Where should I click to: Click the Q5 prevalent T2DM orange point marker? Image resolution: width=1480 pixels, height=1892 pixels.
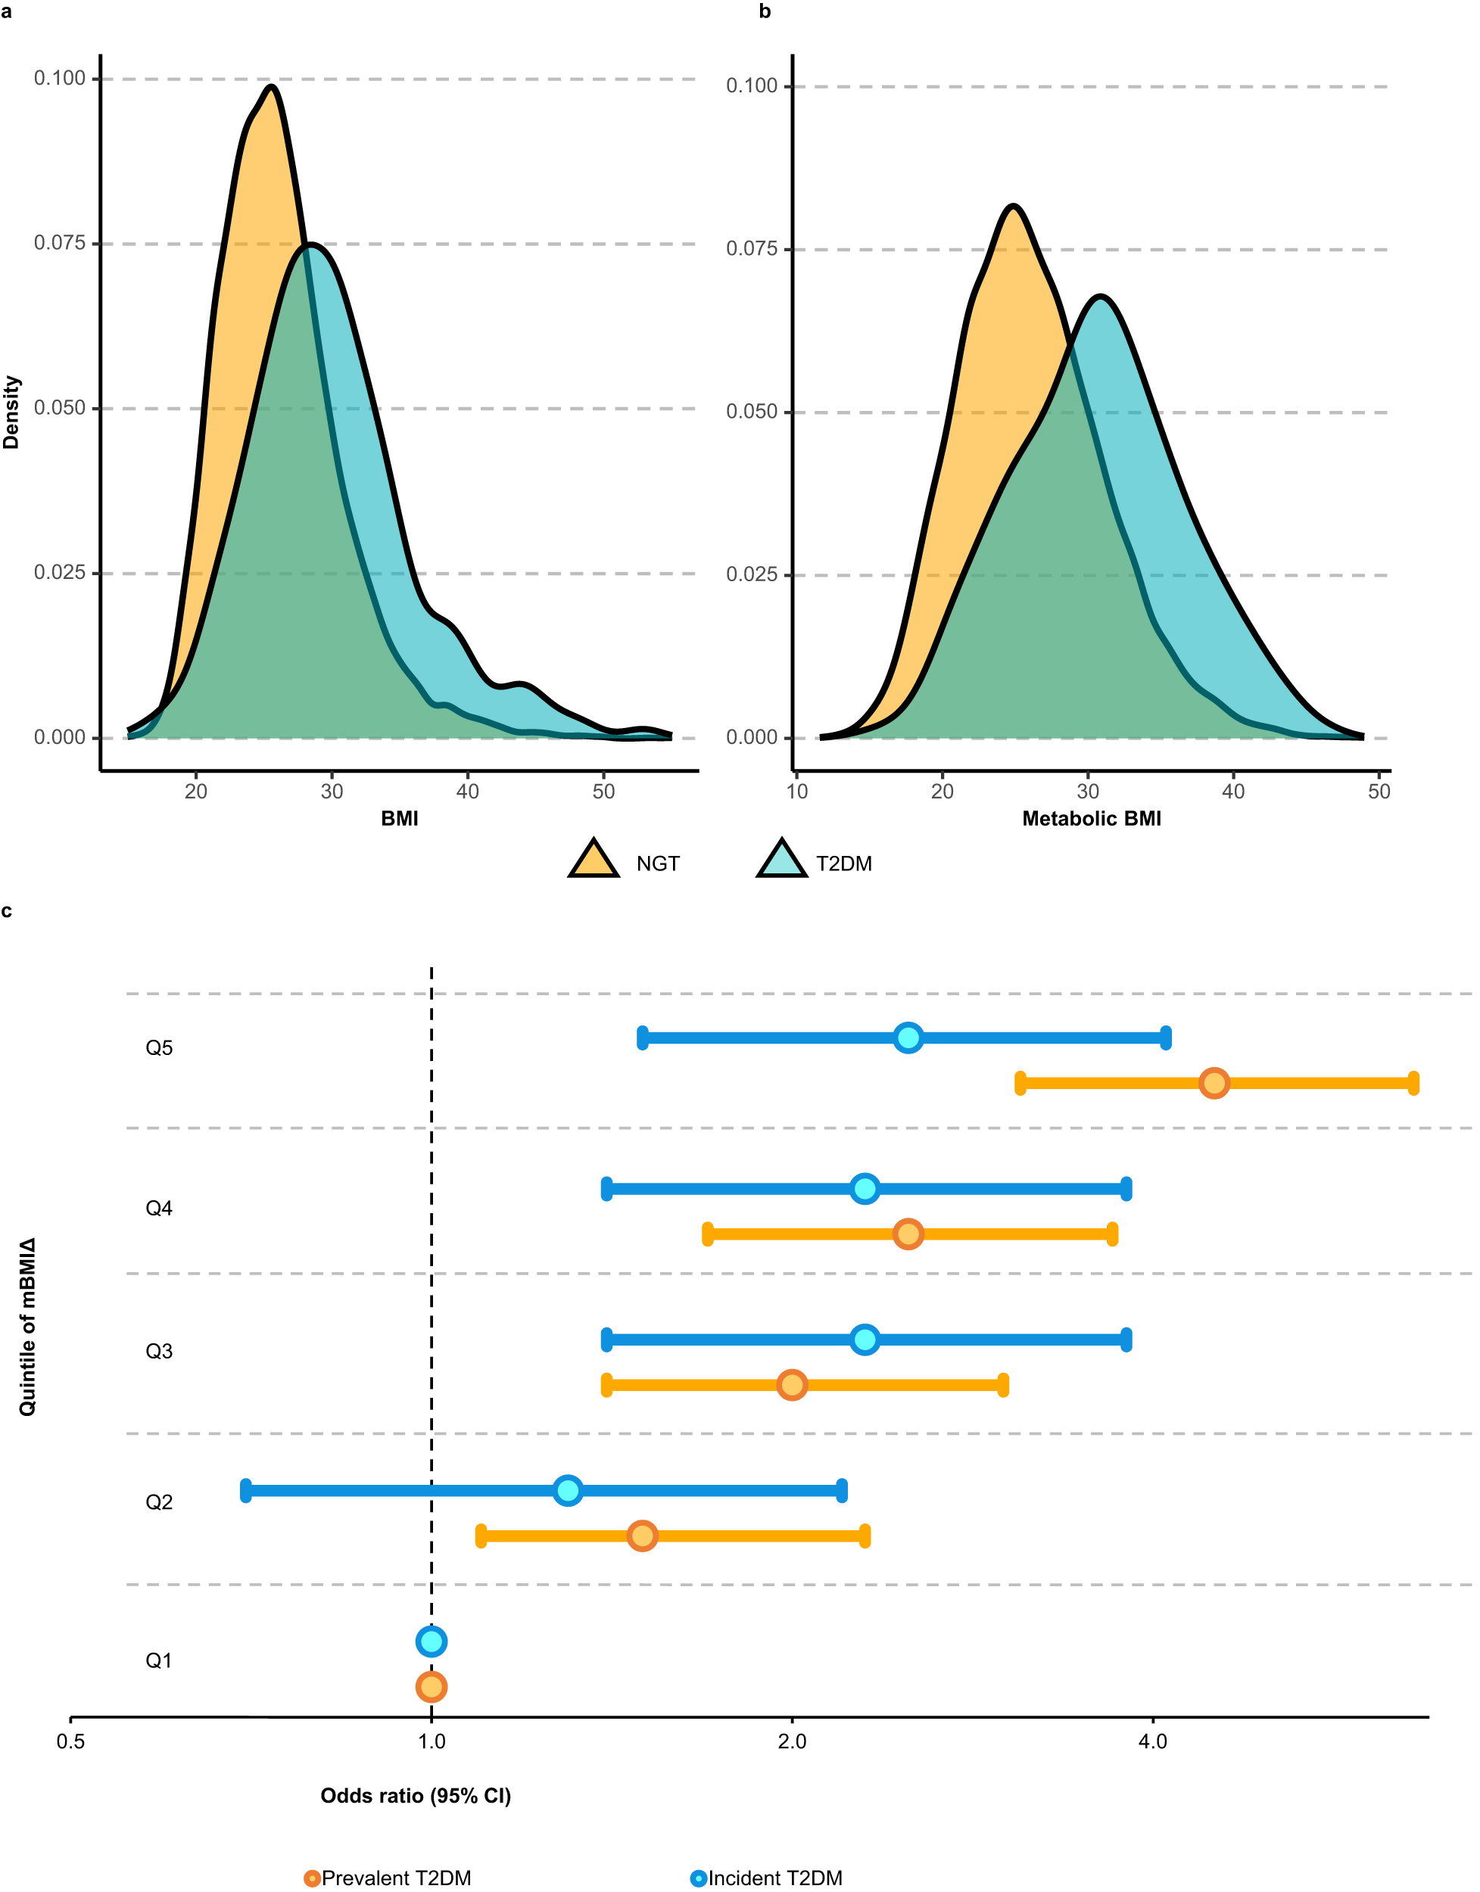pyautogui.click(x=1214, y=1083)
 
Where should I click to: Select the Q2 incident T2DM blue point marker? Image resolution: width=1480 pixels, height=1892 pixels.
pyautogui.click(x=568, y=1490)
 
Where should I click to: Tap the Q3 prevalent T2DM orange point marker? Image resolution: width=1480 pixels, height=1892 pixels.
pyautogui.click(x=791, y=1384)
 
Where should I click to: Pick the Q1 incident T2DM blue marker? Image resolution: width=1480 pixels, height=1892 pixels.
pyautogui.click(x=431, y=1641)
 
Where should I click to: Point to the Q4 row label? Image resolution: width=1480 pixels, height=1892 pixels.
pyautogui.click(x=158, y=1209)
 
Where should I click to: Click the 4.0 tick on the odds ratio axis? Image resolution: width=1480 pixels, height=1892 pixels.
pyautogui.click(x=1152, y=1741)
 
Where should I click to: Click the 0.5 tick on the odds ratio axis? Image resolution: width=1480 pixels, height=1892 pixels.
pyautogui.click(x=71, y=1741)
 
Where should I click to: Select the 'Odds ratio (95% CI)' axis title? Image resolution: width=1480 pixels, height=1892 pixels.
pyautogui.click(x=415, y=1796)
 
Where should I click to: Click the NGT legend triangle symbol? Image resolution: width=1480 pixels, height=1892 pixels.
pyautogui.click(x=594, y=860)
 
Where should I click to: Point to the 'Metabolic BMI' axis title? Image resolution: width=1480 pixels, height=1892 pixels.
pyautogui.click(x=1091, y=819)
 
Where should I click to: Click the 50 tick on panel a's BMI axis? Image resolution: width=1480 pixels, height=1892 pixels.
pyautogui.click(x=603, y=791)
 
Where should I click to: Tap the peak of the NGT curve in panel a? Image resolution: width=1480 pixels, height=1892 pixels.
pyautogui.click(x=272, y=86)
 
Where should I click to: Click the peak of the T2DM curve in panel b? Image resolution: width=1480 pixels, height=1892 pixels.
pyautogui.click(x=1100, y=297)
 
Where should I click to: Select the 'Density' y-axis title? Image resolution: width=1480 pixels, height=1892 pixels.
pyautogui.click(x=11, y=412)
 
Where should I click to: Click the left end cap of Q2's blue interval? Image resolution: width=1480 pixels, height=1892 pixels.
pyautogui.click(x=246, y=1491)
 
